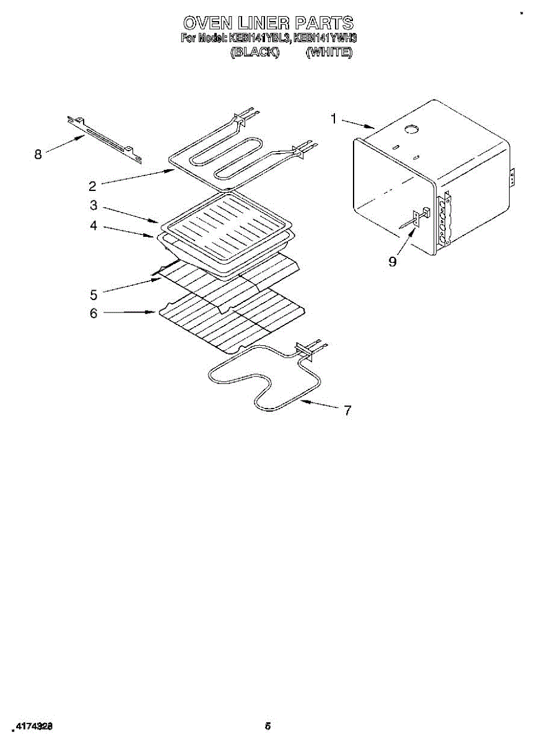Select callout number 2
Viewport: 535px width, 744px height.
(x=92, y=185)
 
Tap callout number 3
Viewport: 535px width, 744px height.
(x=93, y=205)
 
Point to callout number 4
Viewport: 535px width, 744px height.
(x=93, y=226)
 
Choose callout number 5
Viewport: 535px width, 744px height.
(x=93, y=293)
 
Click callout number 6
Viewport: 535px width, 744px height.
(x=93, y=313)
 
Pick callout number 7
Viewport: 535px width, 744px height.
(x=347, y=410)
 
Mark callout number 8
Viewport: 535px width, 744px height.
(x=38, y=154)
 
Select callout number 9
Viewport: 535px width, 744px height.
(x=393, y=261)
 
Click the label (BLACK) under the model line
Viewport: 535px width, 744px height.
(x=254, y=53)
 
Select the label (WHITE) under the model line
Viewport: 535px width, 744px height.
(x=329, y=53)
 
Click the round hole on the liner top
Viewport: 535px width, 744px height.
(x=410, y=129)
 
